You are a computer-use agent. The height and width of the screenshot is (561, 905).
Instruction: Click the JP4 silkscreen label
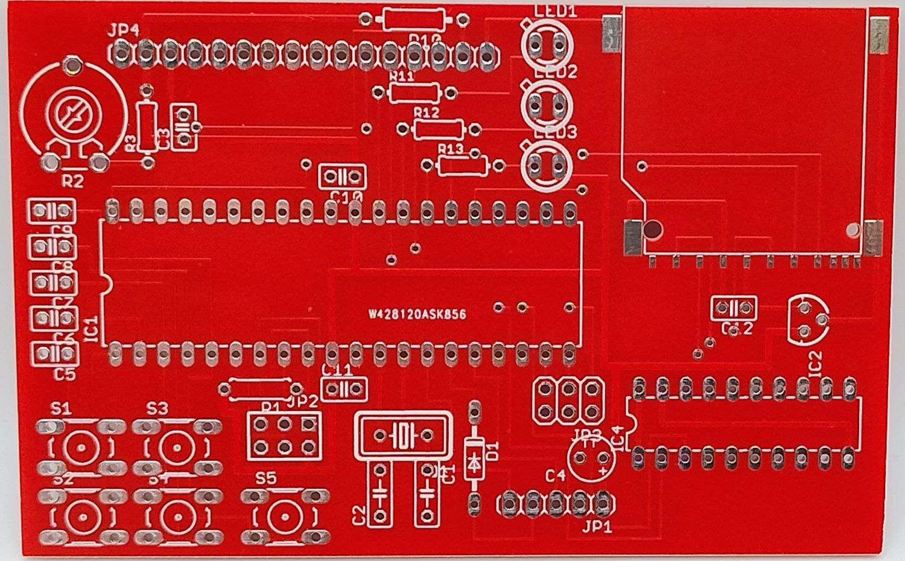[x=124, y=31]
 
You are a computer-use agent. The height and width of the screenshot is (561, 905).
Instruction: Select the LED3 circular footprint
[x=547, y=164]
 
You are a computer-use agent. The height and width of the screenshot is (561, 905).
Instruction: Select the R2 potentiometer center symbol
[x=72, y=115]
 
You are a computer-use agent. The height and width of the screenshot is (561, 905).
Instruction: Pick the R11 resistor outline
[x=413, y=93]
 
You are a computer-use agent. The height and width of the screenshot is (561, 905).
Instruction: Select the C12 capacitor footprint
[x=733, y=308]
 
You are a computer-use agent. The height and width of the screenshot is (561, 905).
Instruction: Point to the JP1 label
[x=597, y=526]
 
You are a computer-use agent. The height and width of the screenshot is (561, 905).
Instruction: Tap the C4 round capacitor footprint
[x=592, y=458]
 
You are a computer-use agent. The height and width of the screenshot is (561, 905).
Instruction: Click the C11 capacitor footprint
[x=345, y=389]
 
